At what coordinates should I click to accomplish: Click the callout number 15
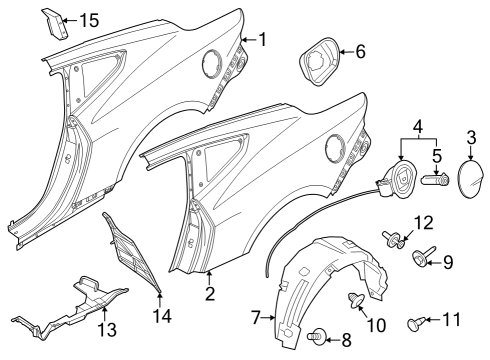coord(89,20)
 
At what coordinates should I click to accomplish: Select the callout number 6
coord(361,51)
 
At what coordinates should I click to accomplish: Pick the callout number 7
coord(255,317)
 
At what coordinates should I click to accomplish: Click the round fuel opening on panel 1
coord(211,63)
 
